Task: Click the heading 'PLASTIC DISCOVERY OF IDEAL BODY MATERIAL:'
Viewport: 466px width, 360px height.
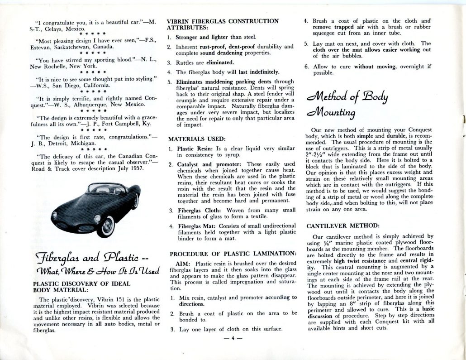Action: (81, 288)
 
